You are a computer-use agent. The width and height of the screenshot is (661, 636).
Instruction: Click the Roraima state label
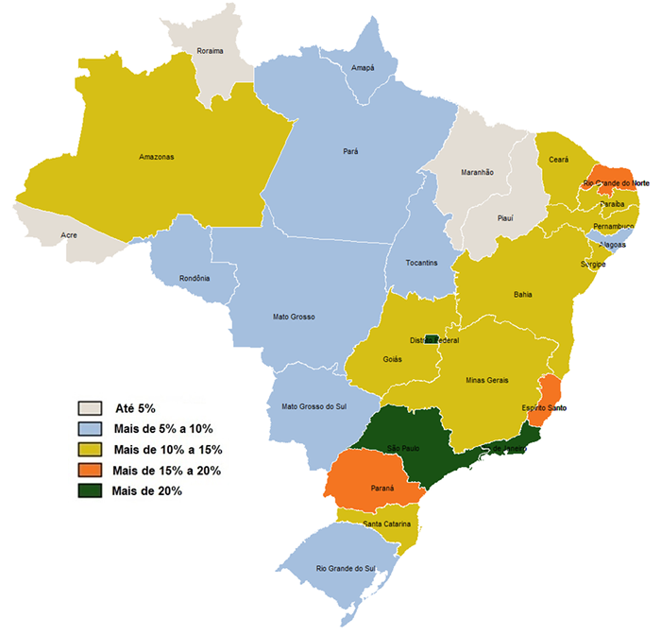[210, 50]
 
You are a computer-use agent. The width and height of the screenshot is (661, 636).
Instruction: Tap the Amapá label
[363, 68]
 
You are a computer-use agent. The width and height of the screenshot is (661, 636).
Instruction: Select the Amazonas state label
[156, 156]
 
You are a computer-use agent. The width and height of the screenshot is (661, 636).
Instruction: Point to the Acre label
[68, 234]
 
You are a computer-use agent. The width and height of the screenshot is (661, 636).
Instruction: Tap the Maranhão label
[477, 172]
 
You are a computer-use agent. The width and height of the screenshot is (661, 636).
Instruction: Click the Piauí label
[505, 218]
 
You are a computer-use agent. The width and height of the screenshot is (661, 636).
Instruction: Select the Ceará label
[558, 161]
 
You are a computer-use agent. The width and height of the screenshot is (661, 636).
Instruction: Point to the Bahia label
[522, 295]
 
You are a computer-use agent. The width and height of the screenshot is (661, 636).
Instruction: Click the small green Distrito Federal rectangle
[430, 338]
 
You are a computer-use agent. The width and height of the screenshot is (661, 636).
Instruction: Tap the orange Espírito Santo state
[547, 397]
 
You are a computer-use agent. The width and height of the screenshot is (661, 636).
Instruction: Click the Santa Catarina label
[372, 524]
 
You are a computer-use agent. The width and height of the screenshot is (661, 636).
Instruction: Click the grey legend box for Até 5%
[91, 408]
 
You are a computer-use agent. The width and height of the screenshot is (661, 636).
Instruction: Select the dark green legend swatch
[91, 490]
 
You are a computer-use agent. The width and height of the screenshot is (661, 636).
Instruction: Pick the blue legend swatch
[91, 429]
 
